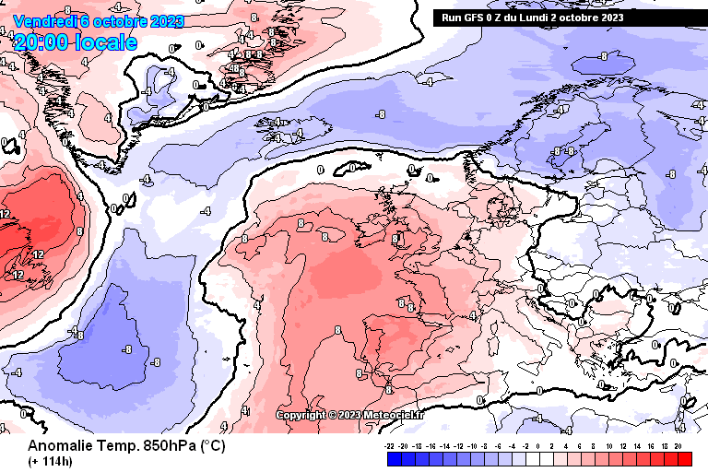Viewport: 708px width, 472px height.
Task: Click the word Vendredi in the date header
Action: click(x=45, y=21)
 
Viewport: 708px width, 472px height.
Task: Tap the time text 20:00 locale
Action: click(x=76, y=42)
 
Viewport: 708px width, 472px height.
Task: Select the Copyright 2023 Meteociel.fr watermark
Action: click(x=350, y=415)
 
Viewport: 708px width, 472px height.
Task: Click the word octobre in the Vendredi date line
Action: click(x=123, y=21)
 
